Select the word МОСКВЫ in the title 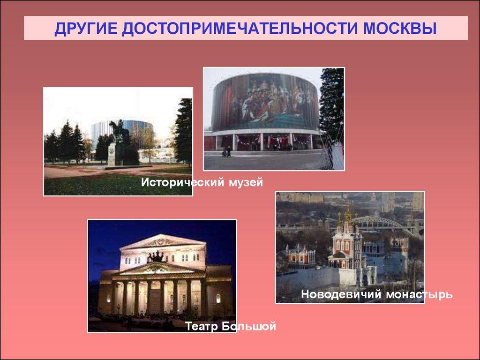[400, 29]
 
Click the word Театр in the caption [202, 326]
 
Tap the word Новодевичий [341, 294]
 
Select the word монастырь [419, 295]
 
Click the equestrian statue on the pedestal [119, 130]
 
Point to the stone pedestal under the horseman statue [114, 154]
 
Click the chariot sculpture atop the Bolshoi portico [157, 256]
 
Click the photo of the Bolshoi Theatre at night [162, 276]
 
